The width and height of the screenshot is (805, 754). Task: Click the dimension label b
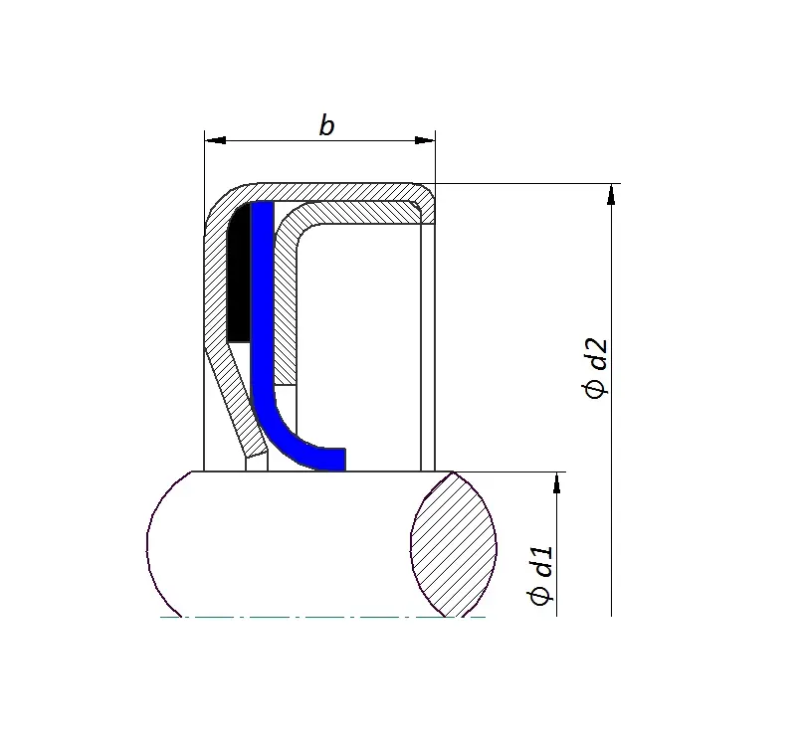tap(326, 125)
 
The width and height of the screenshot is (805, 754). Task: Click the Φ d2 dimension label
tap(595, 368)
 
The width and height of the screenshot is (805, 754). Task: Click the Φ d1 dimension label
tap(539, 575)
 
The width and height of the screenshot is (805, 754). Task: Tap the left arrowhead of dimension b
tap(215, 140)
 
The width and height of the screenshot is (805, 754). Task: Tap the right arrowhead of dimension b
tap(425, 140)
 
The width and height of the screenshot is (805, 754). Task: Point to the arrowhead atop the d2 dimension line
tap(611, 195)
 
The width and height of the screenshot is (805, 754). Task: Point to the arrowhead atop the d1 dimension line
tap(556, 483)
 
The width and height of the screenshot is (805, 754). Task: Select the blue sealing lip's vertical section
tap(262, 297)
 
